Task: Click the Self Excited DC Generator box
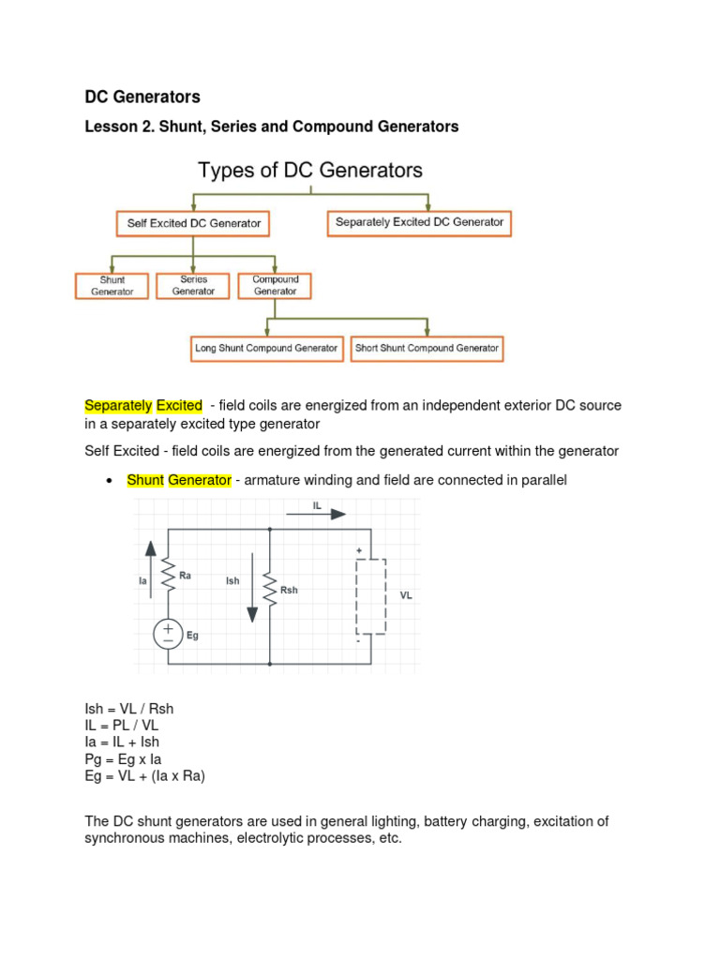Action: coord(194,224)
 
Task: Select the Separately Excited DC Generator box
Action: coord(419,223)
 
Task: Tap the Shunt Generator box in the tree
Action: coord(112,285)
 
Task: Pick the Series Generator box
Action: coord(193,285)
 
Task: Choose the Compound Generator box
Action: coord(275,285)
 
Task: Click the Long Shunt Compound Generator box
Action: coord(266,348)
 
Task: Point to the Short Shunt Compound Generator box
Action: coord(427,348)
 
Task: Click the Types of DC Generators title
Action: coord(310,171)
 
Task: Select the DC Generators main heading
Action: coord(142,97)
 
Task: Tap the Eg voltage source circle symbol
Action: coord(169,635)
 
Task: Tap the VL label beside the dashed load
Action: coord(406,594)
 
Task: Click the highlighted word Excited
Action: coord(179,406)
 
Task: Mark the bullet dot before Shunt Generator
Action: coord(110,481)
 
